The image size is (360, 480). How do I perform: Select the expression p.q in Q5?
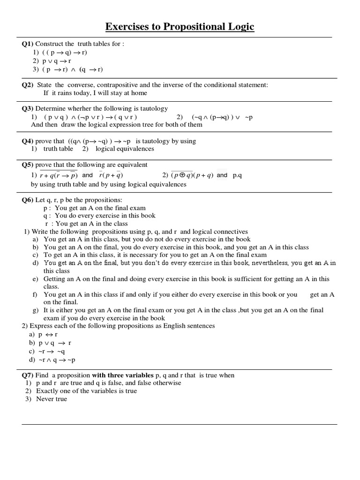[237, 175]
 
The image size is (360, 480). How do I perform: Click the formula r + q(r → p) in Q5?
[58, 175]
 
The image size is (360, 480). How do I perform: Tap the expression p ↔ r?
[48, 335]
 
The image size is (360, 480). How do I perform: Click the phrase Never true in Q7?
[52, 399]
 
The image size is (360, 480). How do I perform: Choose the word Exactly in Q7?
[47, 391]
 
